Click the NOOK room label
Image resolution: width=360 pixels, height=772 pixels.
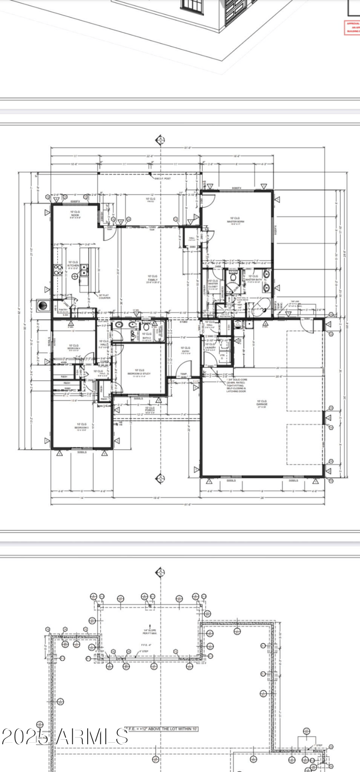point(75,214)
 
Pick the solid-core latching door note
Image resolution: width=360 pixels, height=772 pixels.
point(236,385)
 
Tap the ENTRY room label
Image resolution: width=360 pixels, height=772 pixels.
point(185,350)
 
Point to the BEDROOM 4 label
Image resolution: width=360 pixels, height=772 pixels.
point(73,347)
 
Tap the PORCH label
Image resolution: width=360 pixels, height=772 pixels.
point(149,410)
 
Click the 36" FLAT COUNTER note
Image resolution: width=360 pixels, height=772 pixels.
point(104,296)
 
